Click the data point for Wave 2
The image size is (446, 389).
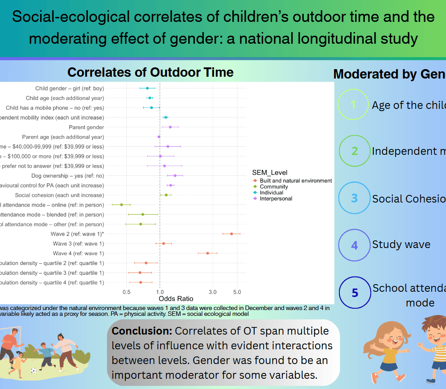click(231, 234)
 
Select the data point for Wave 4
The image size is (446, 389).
click(207, 253)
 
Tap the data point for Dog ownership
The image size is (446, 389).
click(175, 176)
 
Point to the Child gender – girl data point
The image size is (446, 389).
click(147, 88)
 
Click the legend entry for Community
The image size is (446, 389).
click(273, 187)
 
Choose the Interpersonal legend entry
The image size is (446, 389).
click(276, 199)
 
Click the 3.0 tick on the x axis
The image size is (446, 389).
click(212, 292)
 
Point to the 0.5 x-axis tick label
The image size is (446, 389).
click(127, 292)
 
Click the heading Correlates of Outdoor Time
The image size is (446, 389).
click(150, 72)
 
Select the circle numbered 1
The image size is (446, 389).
click(353, 105)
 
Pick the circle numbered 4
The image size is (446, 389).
click(354, 244)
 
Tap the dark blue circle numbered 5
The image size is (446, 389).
click(355, 293)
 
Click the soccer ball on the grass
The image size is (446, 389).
click(33, 370)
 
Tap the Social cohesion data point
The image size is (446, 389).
click(166, 195)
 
